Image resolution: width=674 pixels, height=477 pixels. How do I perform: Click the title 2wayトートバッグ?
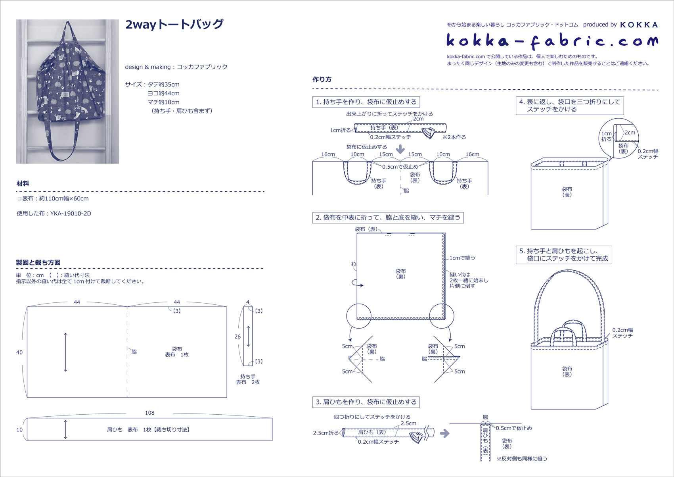(x=174, y=25)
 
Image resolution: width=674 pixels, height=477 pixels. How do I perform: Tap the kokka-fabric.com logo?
(x=552, y=41)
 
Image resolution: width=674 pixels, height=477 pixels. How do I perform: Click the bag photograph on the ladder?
(x=67, y=91)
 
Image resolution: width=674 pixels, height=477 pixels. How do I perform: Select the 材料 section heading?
(x=23, y=184)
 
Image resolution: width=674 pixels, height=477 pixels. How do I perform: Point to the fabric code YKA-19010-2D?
(x=71, y=213)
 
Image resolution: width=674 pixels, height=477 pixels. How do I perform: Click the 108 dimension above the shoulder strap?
(x=149, y=413)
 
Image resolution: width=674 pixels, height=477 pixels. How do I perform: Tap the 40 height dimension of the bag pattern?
(x=19, y=352)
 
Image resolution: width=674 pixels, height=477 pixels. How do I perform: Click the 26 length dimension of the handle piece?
(x=237, y=337)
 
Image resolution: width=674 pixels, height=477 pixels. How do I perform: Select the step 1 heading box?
(x=366, y=102)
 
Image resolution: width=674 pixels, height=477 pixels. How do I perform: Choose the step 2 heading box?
(x=388, y=217)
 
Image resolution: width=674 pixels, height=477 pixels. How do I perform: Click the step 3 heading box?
(x=366, y=402)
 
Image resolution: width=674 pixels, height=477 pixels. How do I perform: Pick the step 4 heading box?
(x=569, y=106)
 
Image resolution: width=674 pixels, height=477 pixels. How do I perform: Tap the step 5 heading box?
(x=563, y=255)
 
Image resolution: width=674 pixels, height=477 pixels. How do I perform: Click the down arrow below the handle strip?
(x=400, y=150)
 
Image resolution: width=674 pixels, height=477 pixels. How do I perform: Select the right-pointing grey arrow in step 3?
(x=445, y=433)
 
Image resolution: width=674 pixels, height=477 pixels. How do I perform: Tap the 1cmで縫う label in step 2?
(x=462, y=258)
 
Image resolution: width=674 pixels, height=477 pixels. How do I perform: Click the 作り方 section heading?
(x=322, y=79)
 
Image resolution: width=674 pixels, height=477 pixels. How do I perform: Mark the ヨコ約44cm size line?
(x=163, y=93)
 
